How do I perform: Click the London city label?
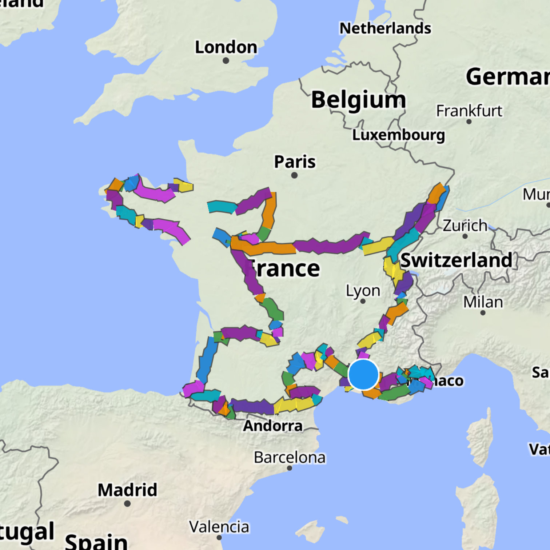(x=226, y=47)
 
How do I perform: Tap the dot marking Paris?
(x=294, y=175)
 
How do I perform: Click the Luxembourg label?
(x=398, y=135)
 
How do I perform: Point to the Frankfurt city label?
(x=469, y=111)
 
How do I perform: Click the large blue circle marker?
(x=363, y=374)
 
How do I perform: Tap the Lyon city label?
(x=363, y=291)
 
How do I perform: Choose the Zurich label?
(x=465, y=226)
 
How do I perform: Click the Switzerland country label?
(x=456, y=260)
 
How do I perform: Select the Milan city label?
(x=483, y=302)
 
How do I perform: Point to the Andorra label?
(x=273, y=426)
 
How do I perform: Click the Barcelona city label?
(x=290, y=457)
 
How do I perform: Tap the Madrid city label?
(x=127, y=490)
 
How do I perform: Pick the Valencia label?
(x=219, y=527)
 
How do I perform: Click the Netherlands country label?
(x=385, y=28)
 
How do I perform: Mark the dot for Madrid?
(x=127, y=503)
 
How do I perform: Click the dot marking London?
(x=226, y=61)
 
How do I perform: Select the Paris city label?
(x=295, y=162)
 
